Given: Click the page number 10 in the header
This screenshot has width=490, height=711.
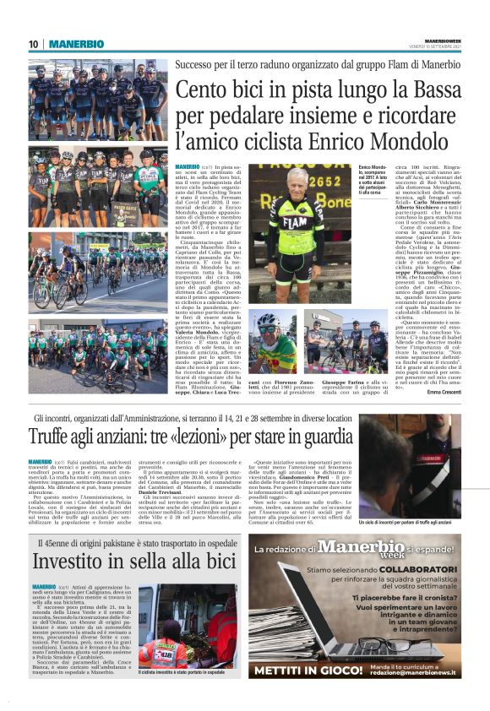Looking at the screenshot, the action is [x=35, y=44].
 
